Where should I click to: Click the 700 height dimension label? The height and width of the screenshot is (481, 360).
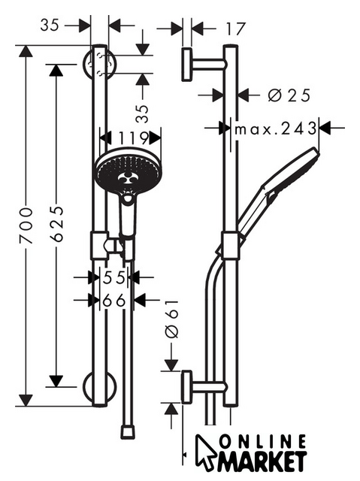coord(26,225)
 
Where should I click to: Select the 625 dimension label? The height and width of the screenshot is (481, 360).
coord(56,224)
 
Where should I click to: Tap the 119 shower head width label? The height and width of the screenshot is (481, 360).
coord(133,138)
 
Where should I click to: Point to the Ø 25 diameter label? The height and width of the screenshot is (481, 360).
coord(289,95)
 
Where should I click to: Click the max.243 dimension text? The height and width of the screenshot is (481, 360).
coord(275,129)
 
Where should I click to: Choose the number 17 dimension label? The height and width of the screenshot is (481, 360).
coord(235,29)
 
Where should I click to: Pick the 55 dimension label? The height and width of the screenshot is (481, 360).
coord(114,277)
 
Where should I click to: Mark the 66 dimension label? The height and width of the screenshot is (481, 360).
coord(114,301)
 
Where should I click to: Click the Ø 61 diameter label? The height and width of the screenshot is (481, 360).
coord(171,319)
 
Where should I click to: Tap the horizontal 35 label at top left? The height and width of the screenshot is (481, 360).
coord(50,25)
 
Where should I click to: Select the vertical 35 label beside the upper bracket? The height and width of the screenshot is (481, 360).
coord(141,113)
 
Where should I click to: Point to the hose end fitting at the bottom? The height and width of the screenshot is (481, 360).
coord(127,432)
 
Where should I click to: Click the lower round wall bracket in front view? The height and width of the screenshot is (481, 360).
coord(100,387)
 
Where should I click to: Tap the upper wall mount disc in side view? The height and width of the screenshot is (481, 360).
coord(187,65)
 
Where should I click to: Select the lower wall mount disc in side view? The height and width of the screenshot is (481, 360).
coord(186,387)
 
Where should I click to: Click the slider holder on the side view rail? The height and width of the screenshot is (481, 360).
coord(230,246)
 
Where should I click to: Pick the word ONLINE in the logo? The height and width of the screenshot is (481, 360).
coord(263,443)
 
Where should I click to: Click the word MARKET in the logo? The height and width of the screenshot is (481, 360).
coord(262,461)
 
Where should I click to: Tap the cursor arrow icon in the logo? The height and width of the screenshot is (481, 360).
coord(205,452)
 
